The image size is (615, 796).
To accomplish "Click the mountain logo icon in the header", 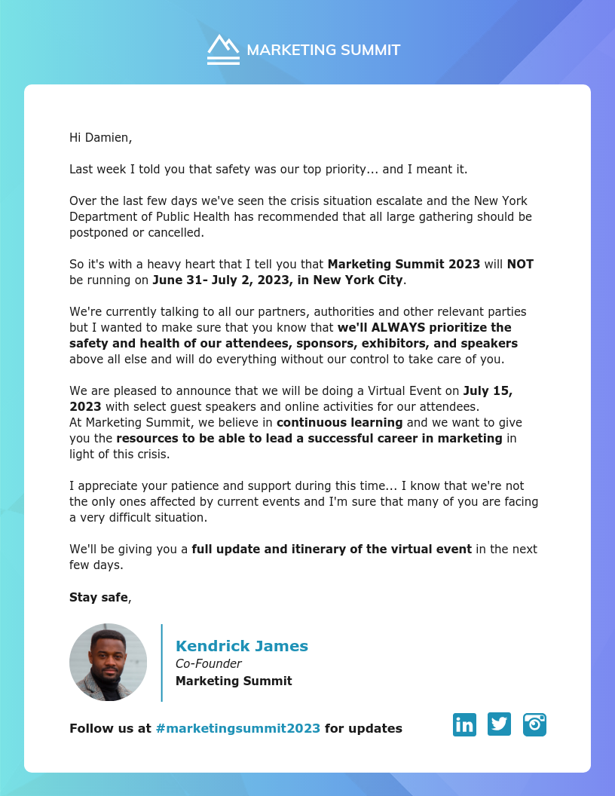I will (223, 49).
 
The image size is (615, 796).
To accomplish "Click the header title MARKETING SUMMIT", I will (323, 51).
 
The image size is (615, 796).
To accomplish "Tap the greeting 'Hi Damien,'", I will (100, 137).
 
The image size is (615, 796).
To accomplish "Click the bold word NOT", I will (520, 264).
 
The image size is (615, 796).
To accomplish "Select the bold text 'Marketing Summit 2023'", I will (403, 264).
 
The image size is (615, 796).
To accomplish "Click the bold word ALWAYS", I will (399, 327).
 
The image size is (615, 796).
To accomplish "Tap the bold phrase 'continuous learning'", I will (339, 421).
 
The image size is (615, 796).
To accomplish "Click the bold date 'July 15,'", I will (488, 390).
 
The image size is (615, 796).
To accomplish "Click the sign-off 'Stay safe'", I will (99, 597).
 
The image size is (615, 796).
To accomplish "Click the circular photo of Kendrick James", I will (108, 662).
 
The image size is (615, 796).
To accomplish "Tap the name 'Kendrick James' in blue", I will (241, 646).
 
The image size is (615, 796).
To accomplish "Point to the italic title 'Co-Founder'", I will (208, 663).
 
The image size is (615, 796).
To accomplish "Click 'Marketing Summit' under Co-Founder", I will (234, 681).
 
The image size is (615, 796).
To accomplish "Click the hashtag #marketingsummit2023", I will (237, 728).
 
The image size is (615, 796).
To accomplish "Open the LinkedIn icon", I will (464, 724).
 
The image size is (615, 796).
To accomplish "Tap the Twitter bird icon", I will (499, 724).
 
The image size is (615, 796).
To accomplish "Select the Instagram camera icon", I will (534, 724).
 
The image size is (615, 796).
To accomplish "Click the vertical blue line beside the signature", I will (161, 662).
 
